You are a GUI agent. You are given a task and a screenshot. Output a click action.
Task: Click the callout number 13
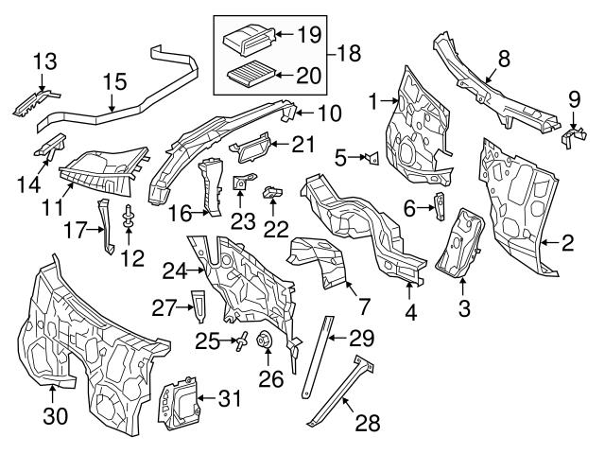point(44,62)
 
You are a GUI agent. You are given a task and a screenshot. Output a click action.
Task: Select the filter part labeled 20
point(250,72)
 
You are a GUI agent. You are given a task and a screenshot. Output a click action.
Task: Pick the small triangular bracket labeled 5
point(372,158)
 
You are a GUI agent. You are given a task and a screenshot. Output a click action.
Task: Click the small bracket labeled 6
point(441,205)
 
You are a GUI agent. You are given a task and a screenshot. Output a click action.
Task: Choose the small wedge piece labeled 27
point(197,301)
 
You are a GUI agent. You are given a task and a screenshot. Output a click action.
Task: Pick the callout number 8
point(503,58)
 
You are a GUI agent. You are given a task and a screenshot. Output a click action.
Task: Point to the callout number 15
point(113,83)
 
